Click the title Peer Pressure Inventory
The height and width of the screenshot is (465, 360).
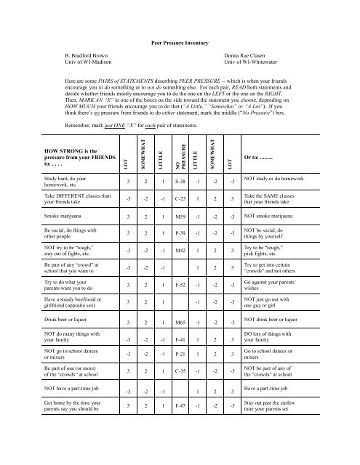click(x=180, y=44)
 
